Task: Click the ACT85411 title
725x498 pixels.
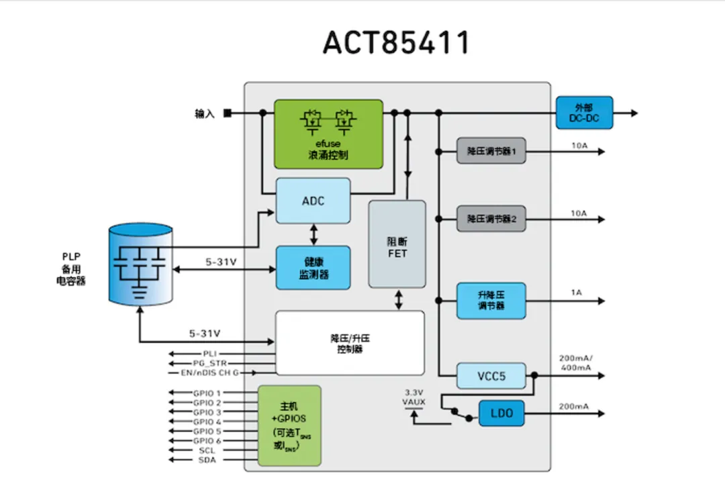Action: coord(395,43)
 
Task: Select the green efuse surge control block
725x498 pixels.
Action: coord(328,134)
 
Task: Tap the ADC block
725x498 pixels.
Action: coord(313,201)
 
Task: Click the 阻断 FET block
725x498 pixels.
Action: coord(397,244)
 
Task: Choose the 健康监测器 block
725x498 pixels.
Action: coord(313,268)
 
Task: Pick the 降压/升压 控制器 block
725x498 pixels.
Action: coord(350,343)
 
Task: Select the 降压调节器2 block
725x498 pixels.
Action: coord(491,219)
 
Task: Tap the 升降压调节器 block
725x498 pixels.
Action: coord(491,301)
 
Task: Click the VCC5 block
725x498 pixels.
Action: coord(491,376)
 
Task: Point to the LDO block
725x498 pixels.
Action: coord(501,413)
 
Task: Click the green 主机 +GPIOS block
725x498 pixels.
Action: coord(289,426)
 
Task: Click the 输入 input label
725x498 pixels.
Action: coord(205,114)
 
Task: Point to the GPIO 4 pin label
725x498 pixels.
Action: coord(207,421)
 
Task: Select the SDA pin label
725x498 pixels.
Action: coord(207,460)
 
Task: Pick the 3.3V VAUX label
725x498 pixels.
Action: coord(414,397)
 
